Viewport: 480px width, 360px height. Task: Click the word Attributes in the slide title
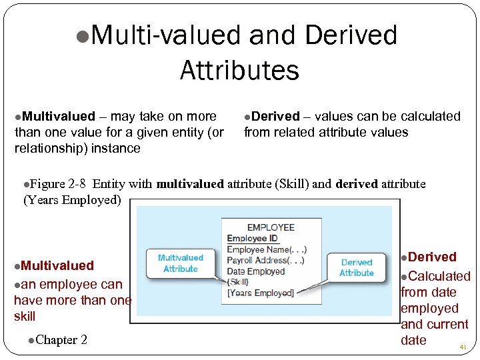(239, 69)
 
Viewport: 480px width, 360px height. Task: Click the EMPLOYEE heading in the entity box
(271, 227)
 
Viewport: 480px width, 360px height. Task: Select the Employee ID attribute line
(253, 238)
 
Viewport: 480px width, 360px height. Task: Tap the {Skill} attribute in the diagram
(239, 282)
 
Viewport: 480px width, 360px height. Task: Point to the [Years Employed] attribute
(260, 293)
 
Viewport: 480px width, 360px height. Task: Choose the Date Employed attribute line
(256, 271)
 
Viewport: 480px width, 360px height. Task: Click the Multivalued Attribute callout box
(181, 263)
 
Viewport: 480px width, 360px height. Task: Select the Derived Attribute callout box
(357, 267)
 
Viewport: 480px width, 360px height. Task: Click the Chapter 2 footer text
(61, 340)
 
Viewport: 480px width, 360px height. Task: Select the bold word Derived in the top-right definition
(276, 117)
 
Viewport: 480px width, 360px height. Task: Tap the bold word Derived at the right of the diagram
(432, 257)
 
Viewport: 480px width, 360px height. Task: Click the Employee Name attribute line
(267, 249)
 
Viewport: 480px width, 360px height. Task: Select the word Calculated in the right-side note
(439, 276)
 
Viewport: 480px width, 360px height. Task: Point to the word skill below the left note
(25, 316)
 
